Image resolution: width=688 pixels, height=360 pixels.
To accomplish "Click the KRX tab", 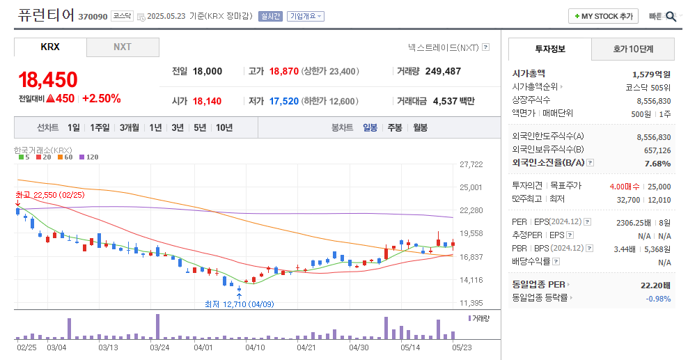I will tap(50, 47).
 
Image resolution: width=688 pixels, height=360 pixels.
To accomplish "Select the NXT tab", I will tap(123, 47).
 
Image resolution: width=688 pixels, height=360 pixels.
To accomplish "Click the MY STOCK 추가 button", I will tap(603, 16).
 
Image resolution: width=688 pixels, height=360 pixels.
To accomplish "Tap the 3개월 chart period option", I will tap(130, 127).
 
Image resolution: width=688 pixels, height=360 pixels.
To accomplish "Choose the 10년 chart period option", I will tap(224, 127).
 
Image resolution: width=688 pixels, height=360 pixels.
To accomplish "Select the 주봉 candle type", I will tap(395, 127).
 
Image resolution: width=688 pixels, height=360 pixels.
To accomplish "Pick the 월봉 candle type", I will tap(420, 127).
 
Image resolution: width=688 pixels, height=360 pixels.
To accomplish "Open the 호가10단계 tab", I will tap(633, 49).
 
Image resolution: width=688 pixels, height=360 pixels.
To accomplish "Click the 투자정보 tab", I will tap(550, 49).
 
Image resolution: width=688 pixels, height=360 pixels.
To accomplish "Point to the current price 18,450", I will tap(47, 80).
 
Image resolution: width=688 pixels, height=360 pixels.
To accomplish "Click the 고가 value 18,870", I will tap(283, 71).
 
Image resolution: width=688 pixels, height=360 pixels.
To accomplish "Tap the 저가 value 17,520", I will tap(283, 101).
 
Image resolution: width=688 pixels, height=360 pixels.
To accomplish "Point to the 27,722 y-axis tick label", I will tap(471, 164).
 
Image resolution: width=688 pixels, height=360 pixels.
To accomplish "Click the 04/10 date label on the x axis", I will tap(256, 347).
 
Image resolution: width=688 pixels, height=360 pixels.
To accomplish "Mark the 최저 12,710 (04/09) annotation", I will tap(240, 304).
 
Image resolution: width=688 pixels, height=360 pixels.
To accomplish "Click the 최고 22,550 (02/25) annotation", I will tap(49, 195).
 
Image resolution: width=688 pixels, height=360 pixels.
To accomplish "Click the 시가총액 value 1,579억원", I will tap(651, 74).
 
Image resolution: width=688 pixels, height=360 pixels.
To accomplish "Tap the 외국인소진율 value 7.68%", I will tap(658, 164).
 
